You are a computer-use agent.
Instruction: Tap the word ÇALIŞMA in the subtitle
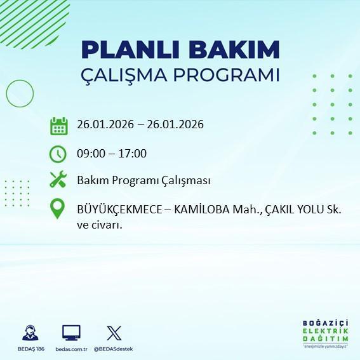coord(127,74)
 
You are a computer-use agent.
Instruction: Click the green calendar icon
coord(58,125)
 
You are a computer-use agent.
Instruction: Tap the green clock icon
coord(58,153)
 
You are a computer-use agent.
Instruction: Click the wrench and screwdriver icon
coord(58,180)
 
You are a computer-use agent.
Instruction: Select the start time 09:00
coord(91,153)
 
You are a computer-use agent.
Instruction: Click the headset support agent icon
coord(29,333)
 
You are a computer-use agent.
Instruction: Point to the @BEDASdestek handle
coord(114,349)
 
